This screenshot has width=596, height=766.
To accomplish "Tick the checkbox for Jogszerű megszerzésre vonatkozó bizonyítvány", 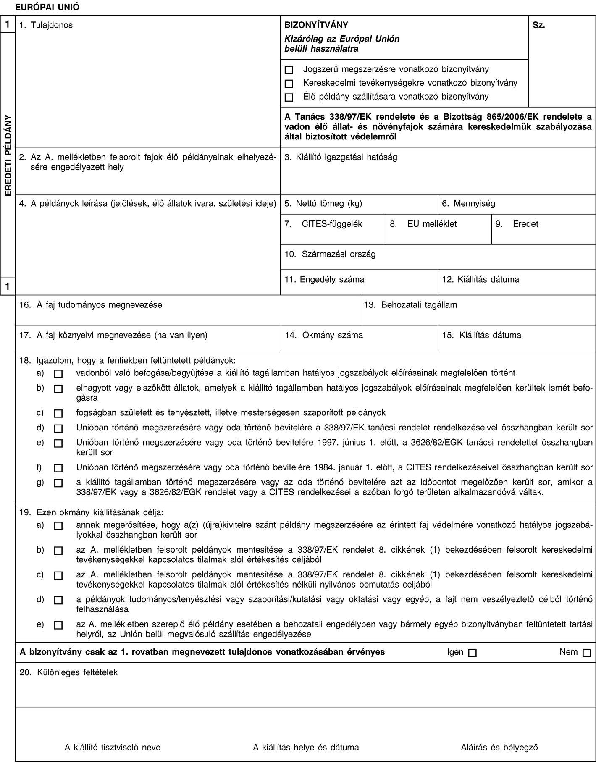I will point(288,69).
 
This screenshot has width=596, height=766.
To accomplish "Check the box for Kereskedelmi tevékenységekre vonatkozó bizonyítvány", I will point(288,83).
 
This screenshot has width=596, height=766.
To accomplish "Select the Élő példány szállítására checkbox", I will point(288,97).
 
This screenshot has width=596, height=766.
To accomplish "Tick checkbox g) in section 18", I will point(58,483).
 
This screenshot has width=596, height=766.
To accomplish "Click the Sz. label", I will point(539,25).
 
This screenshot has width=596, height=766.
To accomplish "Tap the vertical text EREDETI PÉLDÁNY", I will point(8,153).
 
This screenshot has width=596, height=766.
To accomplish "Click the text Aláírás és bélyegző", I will point(499,748).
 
